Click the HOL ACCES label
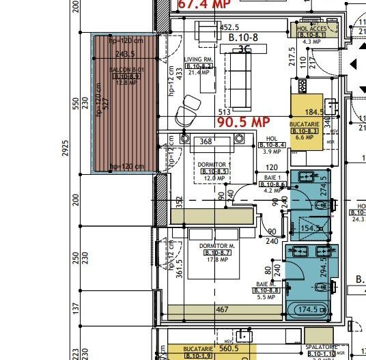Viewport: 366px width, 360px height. [x=313, y=28]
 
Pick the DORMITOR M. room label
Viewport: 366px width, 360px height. [x=216, y=245]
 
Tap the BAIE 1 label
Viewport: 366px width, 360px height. [x=273, y=178]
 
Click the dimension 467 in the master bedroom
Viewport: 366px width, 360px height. [x=223, y=310]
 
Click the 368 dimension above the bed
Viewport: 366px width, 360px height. [x=206, y=142]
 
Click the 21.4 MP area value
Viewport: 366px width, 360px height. [x=199, y=72]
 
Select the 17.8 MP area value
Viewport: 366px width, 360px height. [x=217, y=259]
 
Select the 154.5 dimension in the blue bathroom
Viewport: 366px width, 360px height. [x=311, y=228]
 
